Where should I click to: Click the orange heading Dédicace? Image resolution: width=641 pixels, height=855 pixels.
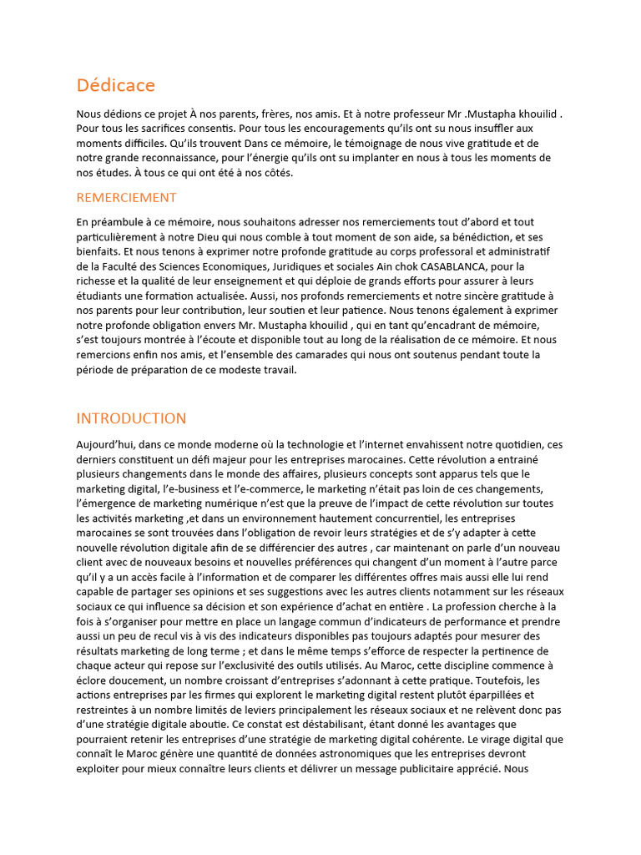(115, 85)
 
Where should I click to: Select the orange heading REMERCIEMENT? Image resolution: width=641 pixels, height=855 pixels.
(126, 198)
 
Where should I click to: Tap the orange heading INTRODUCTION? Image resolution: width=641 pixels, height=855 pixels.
(131, 418)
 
